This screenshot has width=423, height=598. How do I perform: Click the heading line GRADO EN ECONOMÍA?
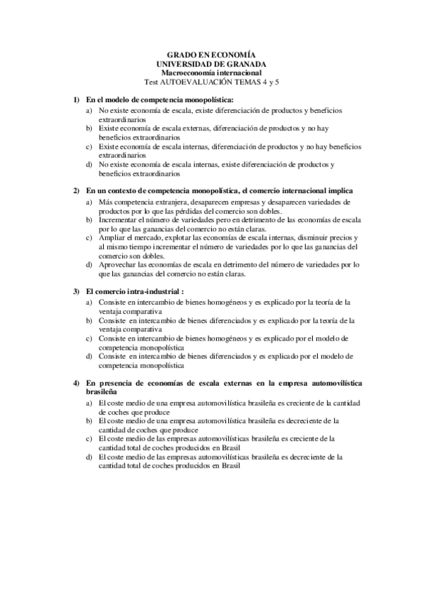point(210,54)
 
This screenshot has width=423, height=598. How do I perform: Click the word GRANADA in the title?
point(239,63)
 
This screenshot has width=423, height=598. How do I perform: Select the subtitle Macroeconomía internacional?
point(210,73)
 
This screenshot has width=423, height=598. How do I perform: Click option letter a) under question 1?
point(89,111)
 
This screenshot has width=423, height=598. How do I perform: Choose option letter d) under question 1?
point(89,164)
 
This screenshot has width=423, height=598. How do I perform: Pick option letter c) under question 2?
point(89,238)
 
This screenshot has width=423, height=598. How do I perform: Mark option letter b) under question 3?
point(89,319)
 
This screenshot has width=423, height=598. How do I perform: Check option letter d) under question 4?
point(89,456)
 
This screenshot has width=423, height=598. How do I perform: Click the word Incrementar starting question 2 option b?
point(119,219)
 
